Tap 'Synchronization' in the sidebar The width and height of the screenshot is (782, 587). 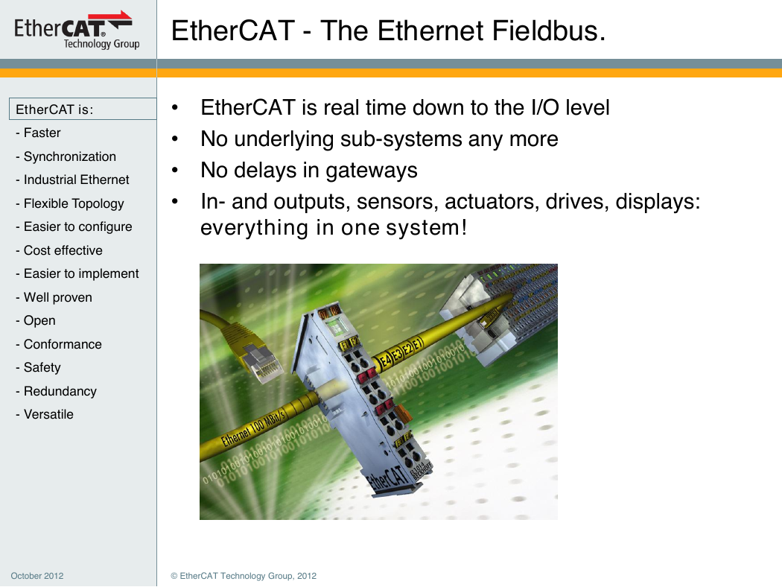(x=66, y=156)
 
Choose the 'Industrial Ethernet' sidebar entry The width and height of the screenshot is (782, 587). (x=72, y=180)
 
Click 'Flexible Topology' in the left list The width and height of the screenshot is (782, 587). (x=69, y=203)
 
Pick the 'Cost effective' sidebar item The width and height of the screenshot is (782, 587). (x=59, y=250)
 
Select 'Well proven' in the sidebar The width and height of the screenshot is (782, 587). (x=54, y=297)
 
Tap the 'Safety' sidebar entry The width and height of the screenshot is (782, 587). (x=38, y=367)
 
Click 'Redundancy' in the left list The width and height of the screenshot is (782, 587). (x=56, y=391)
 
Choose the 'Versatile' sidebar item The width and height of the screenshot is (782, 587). (x=45, y=414)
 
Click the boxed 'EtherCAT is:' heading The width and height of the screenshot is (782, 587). (x=83, y=110)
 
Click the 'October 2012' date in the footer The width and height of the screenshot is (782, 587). (x=37, y=576)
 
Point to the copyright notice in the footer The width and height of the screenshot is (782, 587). (x=244, y=576)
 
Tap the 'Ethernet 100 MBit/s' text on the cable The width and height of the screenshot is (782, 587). (x=253, y=427)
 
